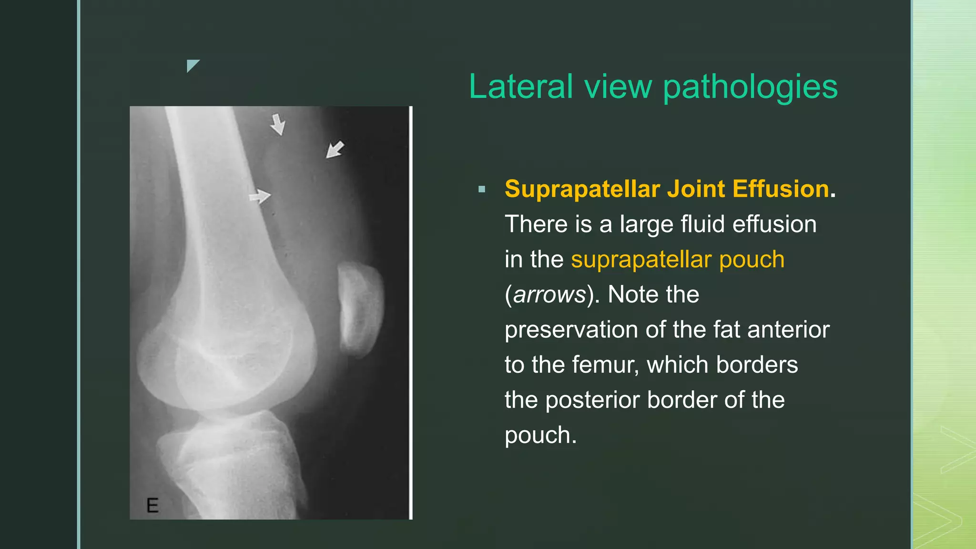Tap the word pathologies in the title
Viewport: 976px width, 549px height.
[x=750, y=87]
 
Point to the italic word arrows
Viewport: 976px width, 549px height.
[x=549, y=295]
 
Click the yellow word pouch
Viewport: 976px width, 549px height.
[x=752, y=259]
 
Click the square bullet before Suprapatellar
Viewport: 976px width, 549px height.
[x=482, y=190]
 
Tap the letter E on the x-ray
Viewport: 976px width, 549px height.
[x=152, y=505]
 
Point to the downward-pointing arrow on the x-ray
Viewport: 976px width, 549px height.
[x=278, y=124]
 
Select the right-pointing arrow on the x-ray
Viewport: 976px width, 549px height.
[x=260, y=196]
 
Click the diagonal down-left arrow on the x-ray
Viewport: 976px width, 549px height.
[x=335, y=150]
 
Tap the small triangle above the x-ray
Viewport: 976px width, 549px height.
[x=192, y=65]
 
